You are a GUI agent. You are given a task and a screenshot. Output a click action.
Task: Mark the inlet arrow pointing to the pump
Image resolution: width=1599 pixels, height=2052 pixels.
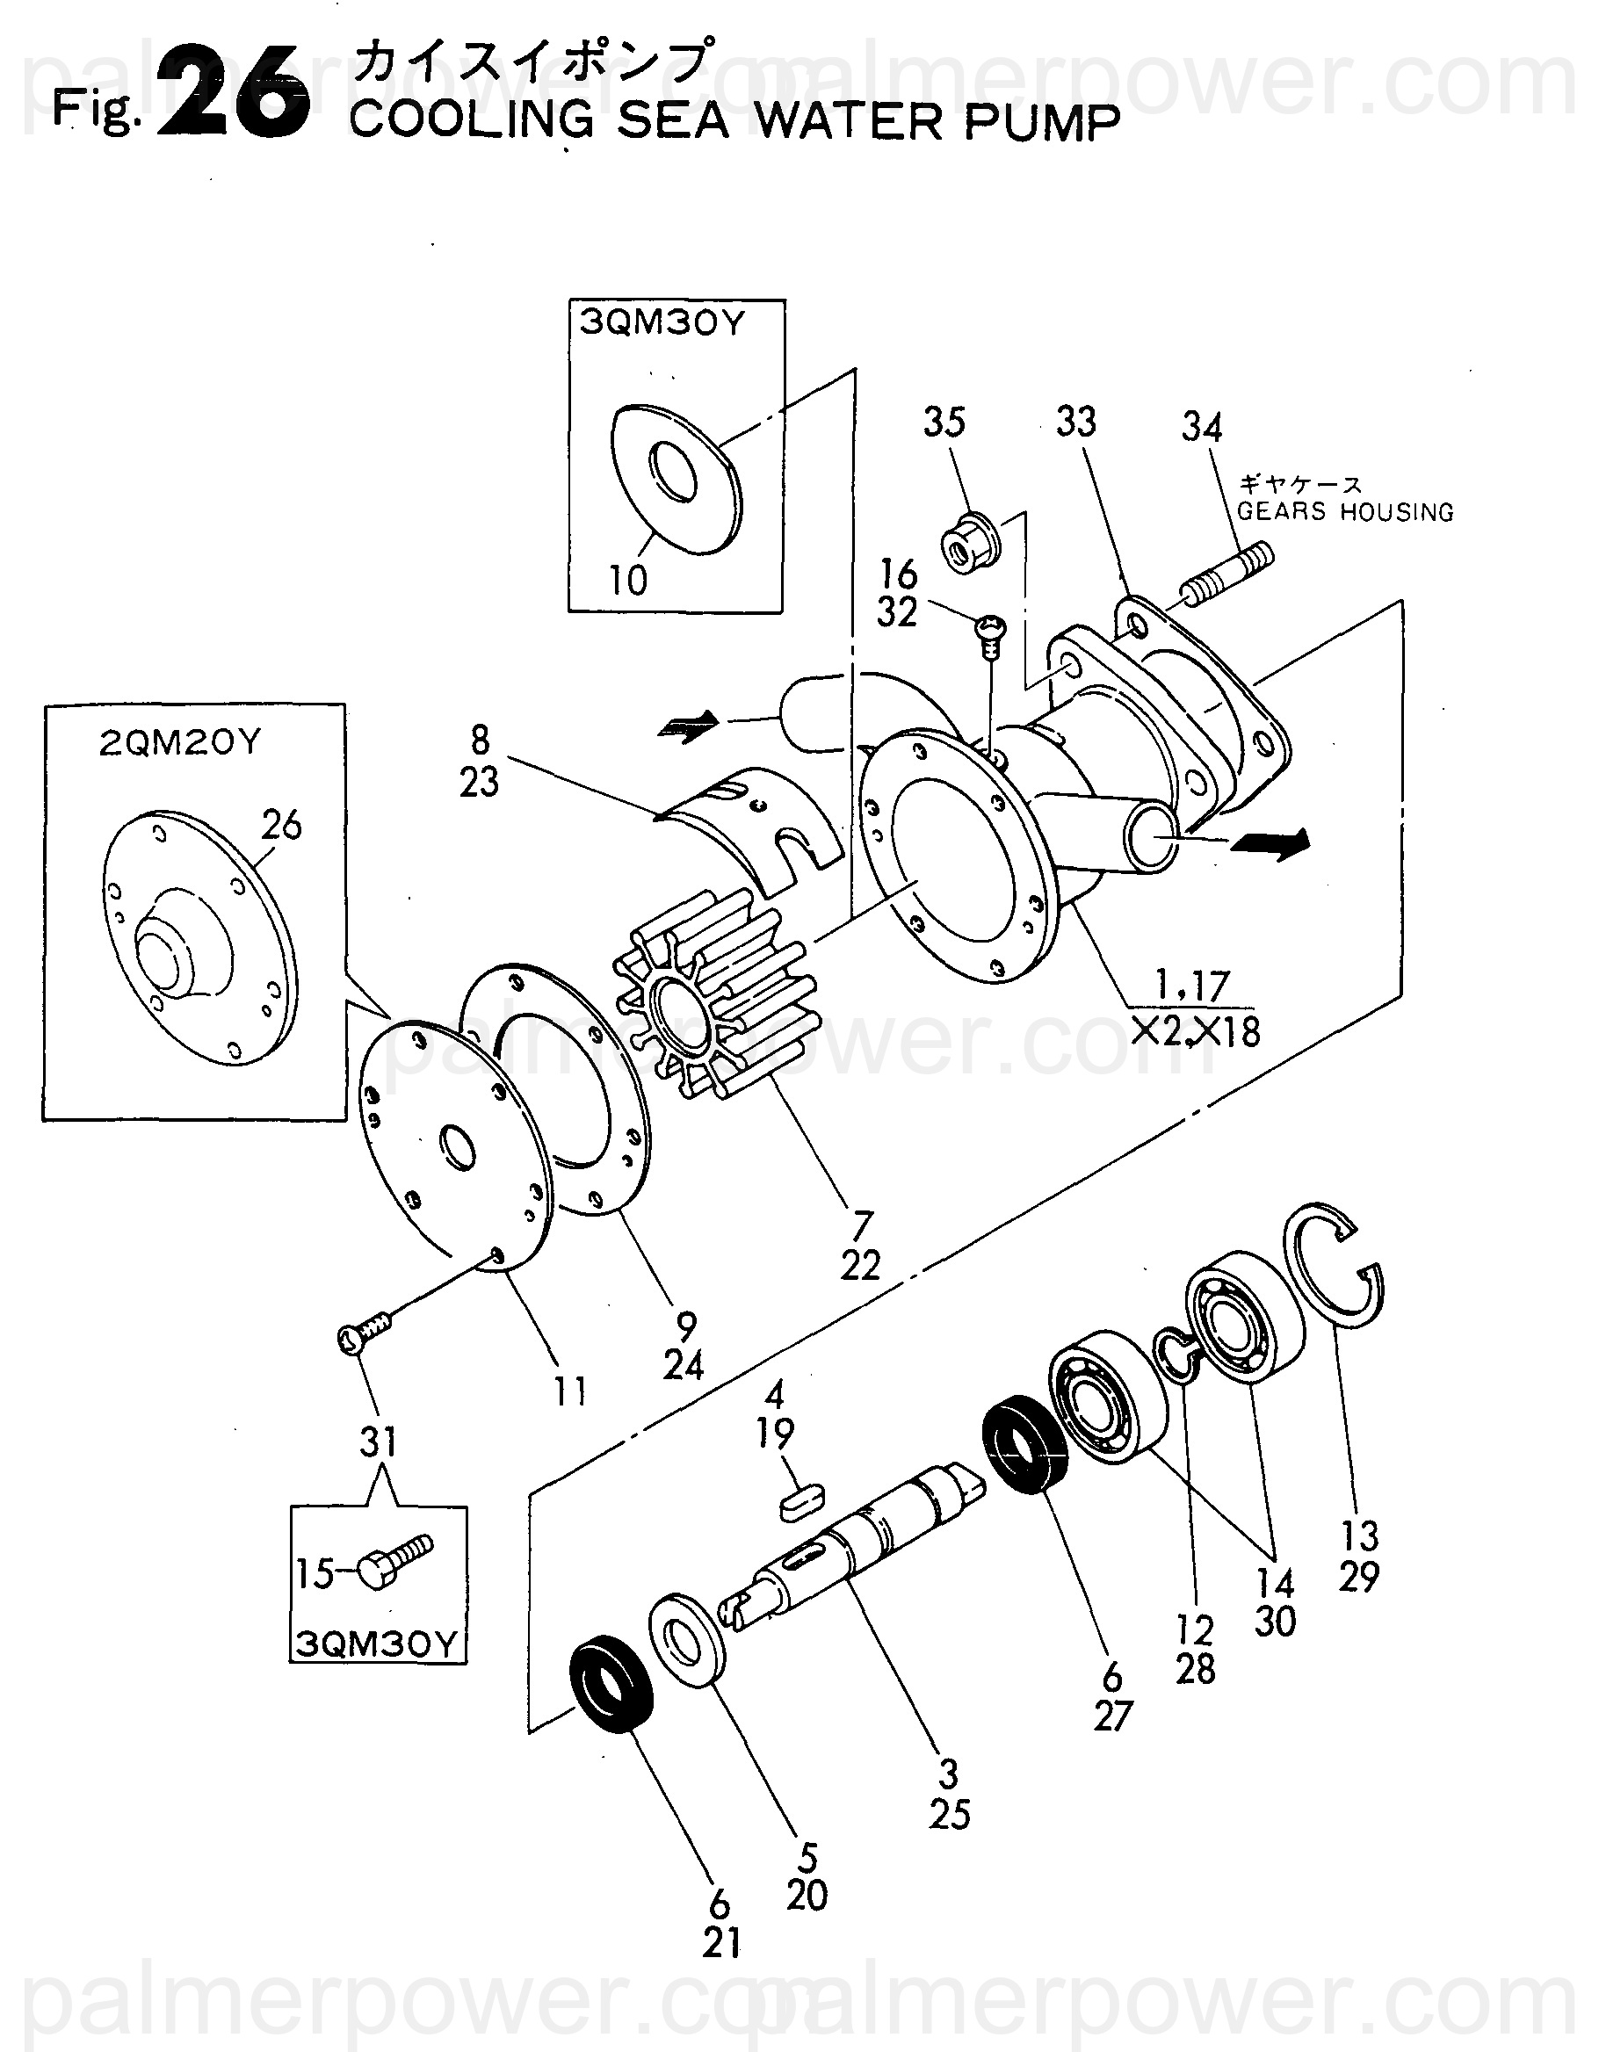click(x=691, y=724)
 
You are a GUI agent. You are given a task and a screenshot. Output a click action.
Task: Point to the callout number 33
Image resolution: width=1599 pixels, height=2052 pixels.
click(x=1075, y=422)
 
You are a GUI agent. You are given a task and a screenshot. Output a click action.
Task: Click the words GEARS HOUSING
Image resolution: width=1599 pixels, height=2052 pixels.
click(x=1344, y=512)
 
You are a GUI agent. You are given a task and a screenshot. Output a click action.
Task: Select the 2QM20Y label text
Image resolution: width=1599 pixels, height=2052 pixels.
click(x=179, y=743)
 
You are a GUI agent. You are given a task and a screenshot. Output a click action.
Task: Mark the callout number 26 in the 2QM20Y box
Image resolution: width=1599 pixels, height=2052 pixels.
click(x=281, y=825)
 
